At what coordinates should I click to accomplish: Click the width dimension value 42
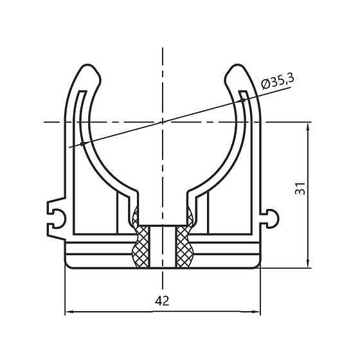click(x=162, y=301)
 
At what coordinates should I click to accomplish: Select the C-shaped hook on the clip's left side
click(x=56, y=213)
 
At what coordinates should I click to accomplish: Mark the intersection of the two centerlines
click(x=163, y=120)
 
